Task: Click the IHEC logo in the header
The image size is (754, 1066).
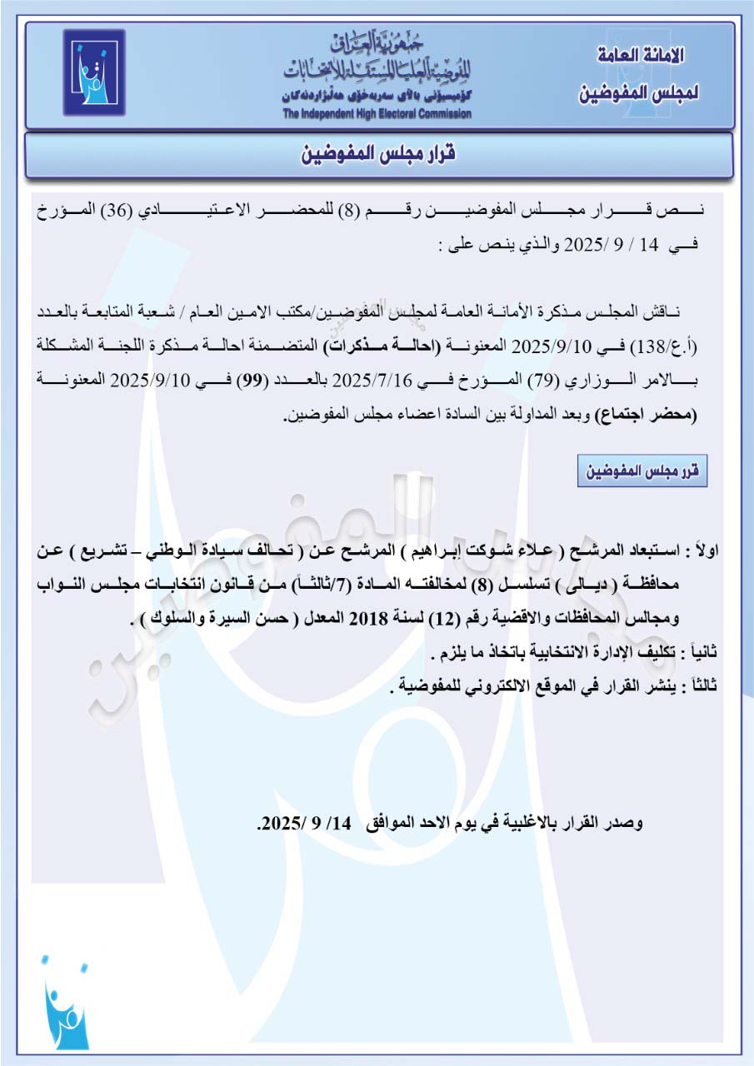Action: (x=93, y=72)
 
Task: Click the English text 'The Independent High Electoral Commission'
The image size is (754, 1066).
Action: (x=377, y=114)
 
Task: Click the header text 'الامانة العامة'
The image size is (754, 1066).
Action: (x=642, y=57)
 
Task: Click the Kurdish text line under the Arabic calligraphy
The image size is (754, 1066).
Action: (x=377, y=97)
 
